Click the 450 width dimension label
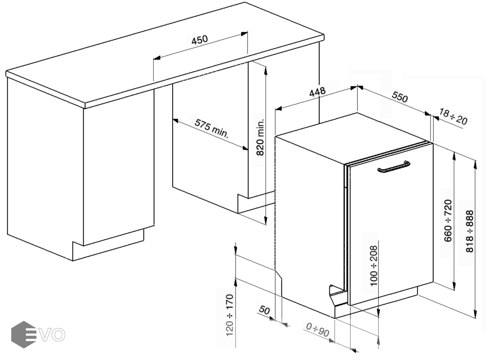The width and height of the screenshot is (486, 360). click(200, 40)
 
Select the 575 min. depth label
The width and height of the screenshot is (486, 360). click(212, 129)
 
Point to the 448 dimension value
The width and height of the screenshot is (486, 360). click(317, 92)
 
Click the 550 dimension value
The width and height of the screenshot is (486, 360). click(400, 97)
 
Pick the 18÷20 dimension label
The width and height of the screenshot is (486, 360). click(453, 117)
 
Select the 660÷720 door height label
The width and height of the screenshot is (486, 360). click(448, 221)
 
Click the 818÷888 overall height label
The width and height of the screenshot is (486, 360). click(470, 231)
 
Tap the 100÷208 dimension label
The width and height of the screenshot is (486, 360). click(374, 266)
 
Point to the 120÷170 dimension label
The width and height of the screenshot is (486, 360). click(230, 315)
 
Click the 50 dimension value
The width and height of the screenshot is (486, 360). click(264, 310)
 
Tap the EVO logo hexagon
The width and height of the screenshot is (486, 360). click(24, 334)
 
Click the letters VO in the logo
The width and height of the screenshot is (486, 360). click(53, 334)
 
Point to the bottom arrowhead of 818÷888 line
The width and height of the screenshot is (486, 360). click(475, 314)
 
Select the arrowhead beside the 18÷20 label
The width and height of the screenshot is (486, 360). click(436, 118)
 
